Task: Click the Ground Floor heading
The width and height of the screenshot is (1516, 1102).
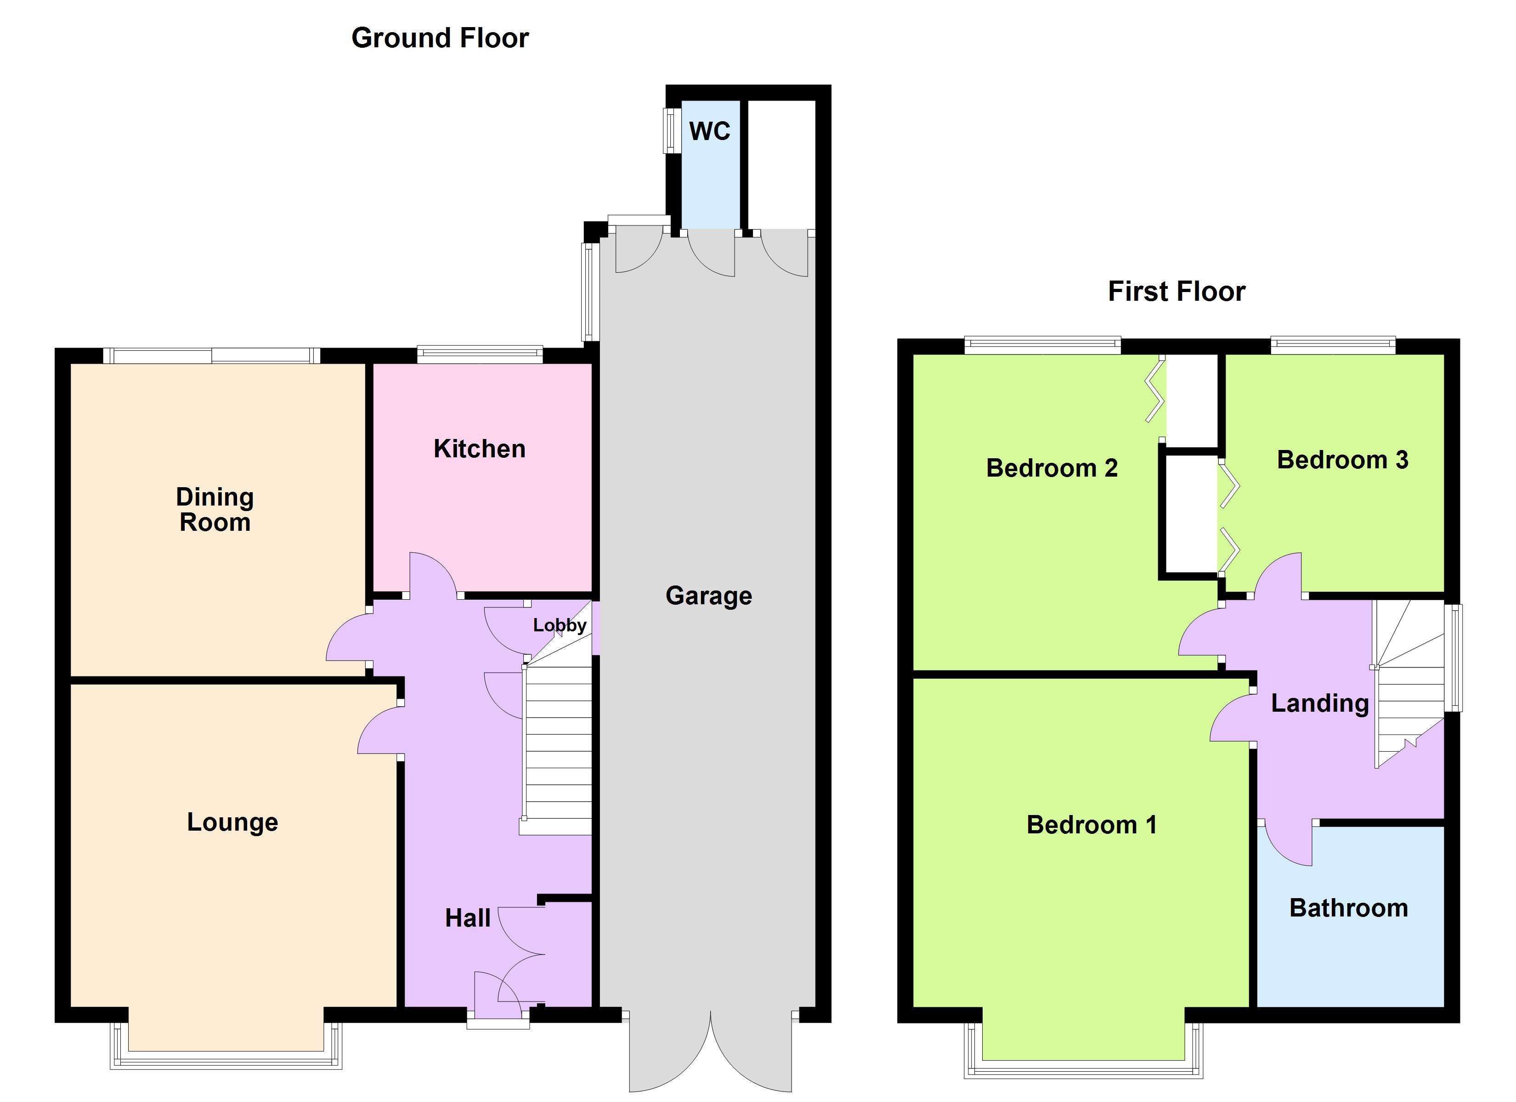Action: pyautogui.click(x=440, y=38)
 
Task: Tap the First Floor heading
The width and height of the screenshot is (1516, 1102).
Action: pyautogui.click(x=1177, y=292)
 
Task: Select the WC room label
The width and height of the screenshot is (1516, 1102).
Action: pyautogui.click(x=709, y=131)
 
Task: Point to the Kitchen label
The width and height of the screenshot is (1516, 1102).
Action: pyautogui.click(x=479, y=449)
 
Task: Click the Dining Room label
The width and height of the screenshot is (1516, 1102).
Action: pyautogui.click(x=215, y=509)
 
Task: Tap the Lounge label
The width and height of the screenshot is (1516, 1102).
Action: pyautogui.click(x=232, y=822)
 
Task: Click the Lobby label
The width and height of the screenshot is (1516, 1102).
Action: pyautogui.click(x=560, y=625)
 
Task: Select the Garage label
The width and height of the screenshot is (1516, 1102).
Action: pyautogui.click(x=708, y=596)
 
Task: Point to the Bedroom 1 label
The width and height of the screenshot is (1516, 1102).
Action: pyautogui.click(x=1091, y=825)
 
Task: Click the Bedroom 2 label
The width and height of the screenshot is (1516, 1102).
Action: pyautogui.click(x=1052, y=468)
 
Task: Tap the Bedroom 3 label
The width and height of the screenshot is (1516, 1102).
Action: pyautogui.click(x=1342, y=460)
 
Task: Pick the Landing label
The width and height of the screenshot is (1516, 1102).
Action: pyautogui.click(x=1319, y=703)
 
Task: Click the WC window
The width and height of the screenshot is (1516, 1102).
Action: pyautogui.click(x=669, y=130)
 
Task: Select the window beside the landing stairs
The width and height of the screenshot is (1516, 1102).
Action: pyautogui.click(x=1453, y=658)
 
